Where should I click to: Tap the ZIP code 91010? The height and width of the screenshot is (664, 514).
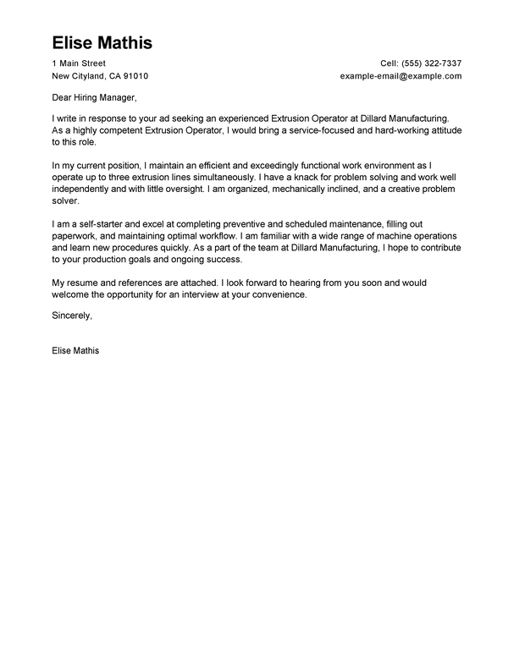tap(135, 76)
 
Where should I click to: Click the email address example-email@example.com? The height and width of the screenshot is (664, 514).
tap(401, 76)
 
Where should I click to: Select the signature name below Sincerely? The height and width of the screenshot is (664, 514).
tap(75, 348)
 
